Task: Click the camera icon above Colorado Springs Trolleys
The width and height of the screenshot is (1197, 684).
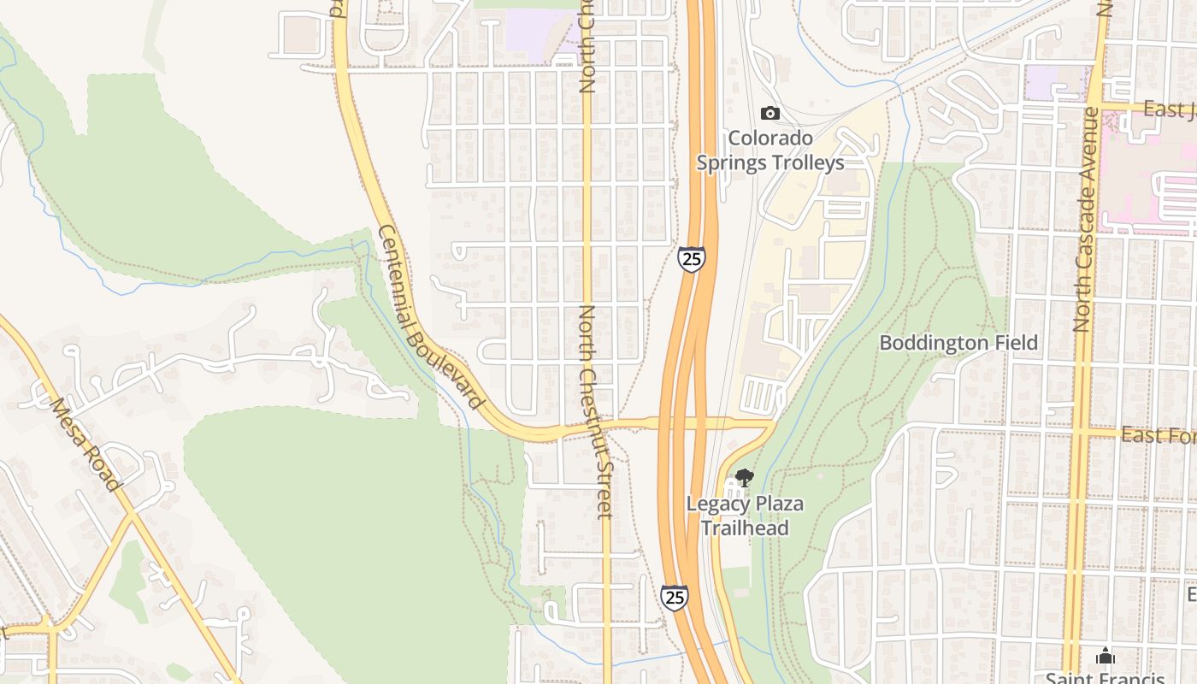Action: pyautogui.click(x=770, y=113)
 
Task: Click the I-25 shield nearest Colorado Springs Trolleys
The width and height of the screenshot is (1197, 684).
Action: pyautogui.click(x=692, y=258)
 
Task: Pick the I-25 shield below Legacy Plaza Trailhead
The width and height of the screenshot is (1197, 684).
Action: pyautogui.click(x=674, y=597)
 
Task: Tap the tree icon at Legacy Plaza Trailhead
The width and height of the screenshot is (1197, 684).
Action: pyautogui.click(x=744, y=478)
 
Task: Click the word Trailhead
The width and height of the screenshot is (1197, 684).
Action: pyautogui.click(x=745, y=528)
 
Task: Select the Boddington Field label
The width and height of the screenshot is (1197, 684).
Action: pyautogui.click(x=958, y=343)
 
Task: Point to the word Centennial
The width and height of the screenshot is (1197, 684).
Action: pyautogui.click(x=397, y=274)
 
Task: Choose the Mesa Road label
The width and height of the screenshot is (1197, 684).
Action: pyautogui.click(x=84, y=444)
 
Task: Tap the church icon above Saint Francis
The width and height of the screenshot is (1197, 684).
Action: pyautogui.click(x=1105, y=656)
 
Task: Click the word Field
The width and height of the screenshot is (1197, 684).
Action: pyautogui.click(x=1014, y=343)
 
